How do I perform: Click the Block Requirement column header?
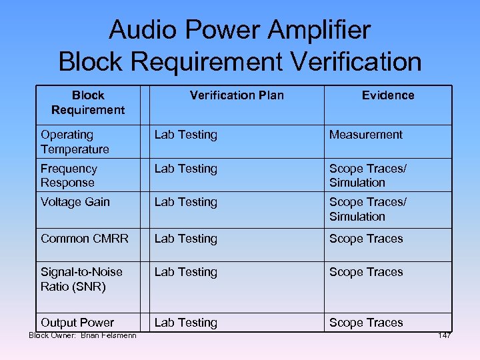(88, 102)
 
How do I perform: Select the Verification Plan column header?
(237, 95)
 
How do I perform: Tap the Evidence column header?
(388, 95)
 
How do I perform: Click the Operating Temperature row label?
(75, 142)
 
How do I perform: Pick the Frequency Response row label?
(69, 175)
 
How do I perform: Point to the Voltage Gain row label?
(75, 202)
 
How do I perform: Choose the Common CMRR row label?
(85, 239)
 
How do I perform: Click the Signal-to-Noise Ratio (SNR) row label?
(82, 279)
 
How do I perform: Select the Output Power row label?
(77, 323)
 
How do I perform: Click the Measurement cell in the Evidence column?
(366, 135)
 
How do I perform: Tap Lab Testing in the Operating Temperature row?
(186, 135)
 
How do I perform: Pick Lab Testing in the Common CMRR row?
(186, 239)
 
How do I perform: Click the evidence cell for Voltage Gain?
(367, 209)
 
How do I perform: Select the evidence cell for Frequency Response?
(367, 175)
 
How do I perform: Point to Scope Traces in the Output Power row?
(366, 323)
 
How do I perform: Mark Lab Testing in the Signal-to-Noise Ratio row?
(186, 272)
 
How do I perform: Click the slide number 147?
(445, 335)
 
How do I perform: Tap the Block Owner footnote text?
(83, 335)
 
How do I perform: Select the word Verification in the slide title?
(357, 61)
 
